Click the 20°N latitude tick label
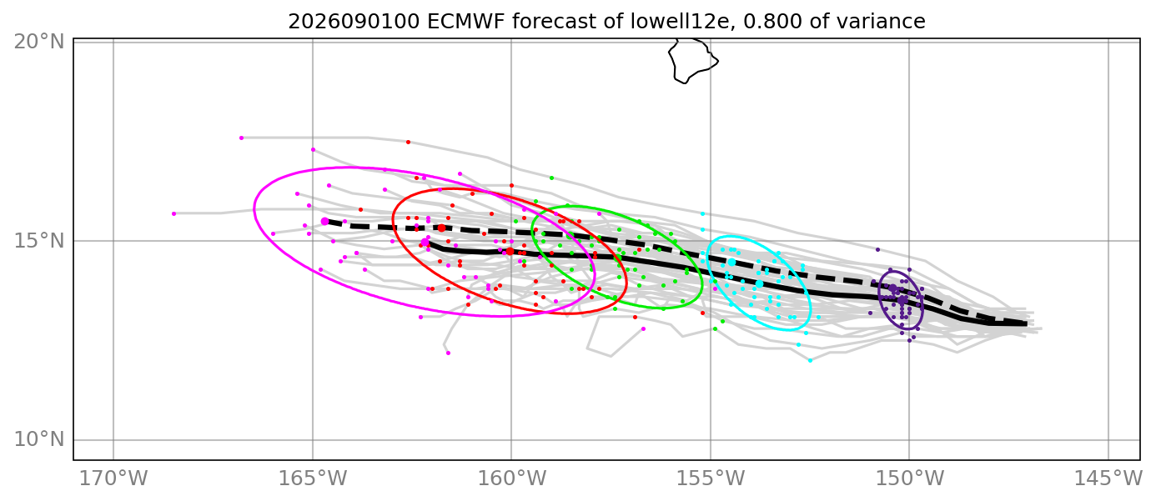click(38, 42)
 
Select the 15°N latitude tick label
click(38, 241)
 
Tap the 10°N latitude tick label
click(38, 439)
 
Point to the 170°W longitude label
click(113, 478)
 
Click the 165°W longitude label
click(313, 478)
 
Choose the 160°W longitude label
click(511, 478)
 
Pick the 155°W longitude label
click(711, 478)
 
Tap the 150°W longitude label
click(909, 478)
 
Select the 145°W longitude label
click(1108, 478)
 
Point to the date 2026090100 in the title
click(354, 22)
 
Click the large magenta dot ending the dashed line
click(324, 222)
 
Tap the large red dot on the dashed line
click(442, 228)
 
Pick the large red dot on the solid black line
click(510, 251)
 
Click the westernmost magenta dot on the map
click(174, 213)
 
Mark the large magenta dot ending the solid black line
click(425, 243)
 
